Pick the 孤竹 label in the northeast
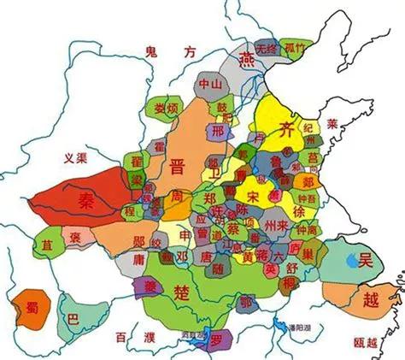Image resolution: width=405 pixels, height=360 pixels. (296, 48)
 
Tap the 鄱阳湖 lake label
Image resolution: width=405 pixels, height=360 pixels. (301, 327)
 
